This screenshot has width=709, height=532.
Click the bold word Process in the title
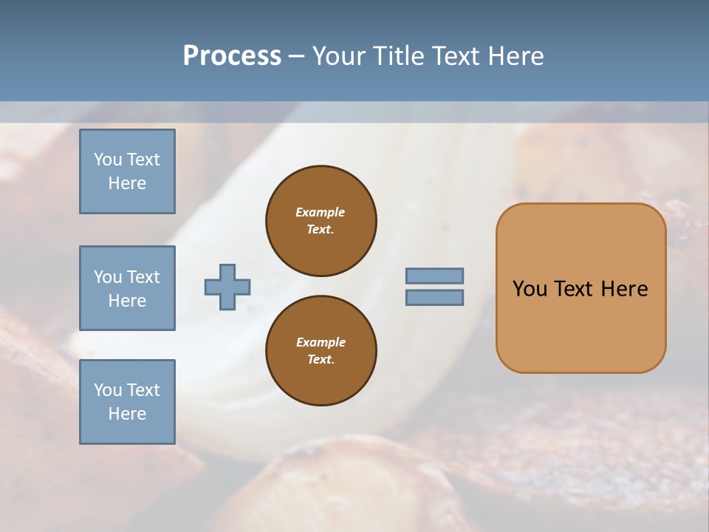[232, 56]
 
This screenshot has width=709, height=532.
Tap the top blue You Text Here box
[127, 171]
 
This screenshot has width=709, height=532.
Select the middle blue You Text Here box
[127, 288]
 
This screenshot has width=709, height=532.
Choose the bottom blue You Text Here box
[127, 402]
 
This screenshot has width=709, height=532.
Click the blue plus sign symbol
[227, 287]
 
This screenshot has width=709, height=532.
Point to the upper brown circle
[321, 221]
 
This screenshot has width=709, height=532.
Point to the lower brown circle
[321, 351]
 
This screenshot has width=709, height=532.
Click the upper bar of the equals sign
[434, 276]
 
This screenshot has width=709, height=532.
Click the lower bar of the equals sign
[434, 298]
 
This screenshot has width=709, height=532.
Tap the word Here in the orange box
[624, 289]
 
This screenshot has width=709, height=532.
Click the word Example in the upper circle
[321, 212]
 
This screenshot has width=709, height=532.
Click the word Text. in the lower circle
[321, 359]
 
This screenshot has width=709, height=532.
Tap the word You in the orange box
[530, 289]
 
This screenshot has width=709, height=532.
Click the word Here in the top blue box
[127, 183]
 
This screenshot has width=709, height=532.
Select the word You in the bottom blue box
[108, 390]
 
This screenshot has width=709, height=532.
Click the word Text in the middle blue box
[143, 277]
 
